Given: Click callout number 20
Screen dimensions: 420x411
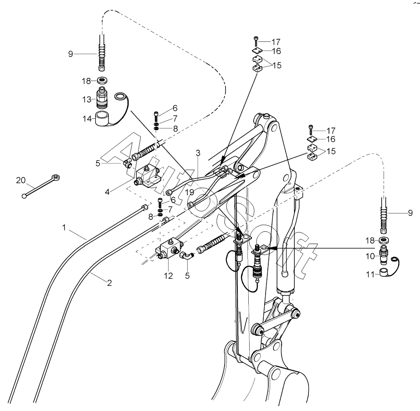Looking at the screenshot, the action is (x=20, y=180).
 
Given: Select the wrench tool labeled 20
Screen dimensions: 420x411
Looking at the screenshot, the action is (x=41, y=186).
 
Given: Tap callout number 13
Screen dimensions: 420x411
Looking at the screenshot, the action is (x=87, y=100).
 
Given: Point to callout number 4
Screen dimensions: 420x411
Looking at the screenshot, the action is (x=107, y=192).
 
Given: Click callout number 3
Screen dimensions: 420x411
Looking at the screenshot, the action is (x=198, y=153).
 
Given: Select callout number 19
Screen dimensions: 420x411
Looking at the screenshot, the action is (x=190, y=192).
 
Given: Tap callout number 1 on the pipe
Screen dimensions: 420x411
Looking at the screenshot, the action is (x=64, y=228).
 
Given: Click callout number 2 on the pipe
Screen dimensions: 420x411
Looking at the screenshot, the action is (x=109, y=283).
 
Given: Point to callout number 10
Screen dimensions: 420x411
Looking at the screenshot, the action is (x=370, y=256).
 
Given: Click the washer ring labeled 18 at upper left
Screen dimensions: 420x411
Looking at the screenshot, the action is (x=102, y=80).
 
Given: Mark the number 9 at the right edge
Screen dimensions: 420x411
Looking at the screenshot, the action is (x=410, y=213).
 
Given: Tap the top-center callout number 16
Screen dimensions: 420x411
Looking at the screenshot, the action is (x=277, y=51).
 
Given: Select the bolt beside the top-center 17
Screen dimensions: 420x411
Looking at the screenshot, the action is (x=256, y=41).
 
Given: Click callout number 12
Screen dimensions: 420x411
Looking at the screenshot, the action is (x=169, y=276).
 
